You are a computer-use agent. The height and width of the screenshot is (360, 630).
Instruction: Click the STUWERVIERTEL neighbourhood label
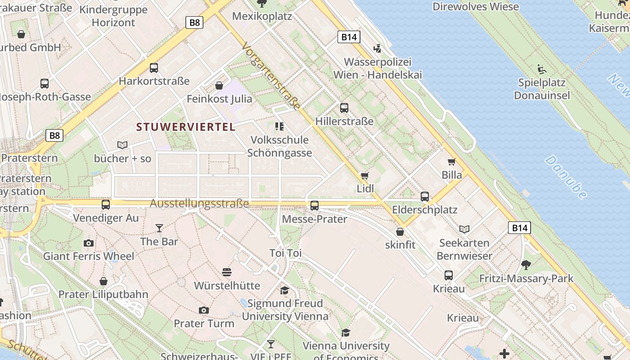tap(186, 127)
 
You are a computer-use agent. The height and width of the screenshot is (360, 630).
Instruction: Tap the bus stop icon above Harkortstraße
tap(154, 68)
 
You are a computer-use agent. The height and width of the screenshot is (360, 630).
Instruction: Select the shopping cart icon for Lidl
tap(364, 175)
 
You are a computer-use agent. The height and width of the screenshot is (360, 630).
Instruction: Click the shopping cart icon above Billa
tap(451, 162)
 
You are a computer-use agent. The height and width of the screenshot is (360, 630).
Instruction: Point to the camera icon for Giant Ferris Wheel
tap(89, 243)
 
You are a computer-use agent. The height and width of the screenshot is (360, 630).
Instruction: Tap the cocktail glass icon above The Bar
tap(159, 228)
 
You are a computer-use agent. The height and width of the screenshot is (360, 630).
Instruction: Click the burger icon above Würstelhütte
tap(227, 272)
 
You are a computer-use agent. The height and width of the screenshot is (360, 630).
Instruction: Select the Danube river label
tap(566, 177)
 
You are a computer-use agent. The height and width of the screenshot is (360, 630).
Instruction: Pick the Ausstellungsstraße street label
tap(199, 204)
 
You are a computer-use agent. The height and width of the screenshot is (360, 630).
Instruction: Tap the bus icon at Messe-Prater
tap(315, 206)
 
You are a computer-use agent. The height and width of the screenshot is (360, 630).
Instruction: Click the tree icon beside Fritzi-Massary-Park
tap(526, 265)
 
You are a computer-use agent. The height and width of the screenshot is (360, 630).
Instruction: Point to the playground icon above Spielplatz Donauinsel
tap(542, 69)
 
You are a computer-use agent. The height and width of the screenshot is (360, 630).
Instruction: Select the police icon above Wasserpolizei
tap(378, 48)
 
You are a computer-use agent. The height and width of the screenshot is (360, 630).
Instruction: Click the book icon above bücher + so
tap(122, 145)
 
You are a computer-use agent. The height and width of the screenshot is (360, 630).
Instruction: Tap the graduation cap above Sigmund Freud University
tap(284, 290)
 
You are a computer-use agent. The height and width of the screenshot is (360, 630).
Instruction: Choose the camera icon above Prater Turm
tap(204, 310)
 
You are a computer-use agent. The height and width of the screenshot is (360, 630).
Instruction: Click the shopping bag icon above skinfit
tap(400, 232)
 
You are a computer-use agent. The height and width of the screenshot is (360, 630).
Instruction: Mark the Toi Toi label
tap(285, 253)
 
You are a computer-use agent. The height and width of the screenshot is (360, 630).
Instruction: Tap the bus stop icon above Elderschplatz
tap(425, 196)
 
